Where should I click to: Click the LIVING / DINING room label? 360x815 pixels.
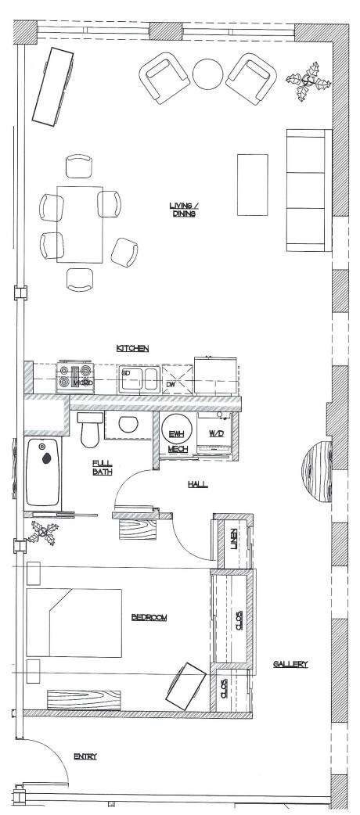pos(184,210)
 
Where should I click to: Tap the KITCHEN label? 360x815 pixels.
pos(133,348)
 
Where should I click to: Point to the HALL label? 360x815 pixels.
pos(197,485)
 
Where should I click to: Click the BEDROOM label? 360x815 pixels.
pos(149,618)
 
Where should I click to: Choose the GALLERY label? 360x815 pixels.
pos(290,664)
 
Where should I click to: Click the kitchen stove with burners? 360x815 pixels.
pos(76,377)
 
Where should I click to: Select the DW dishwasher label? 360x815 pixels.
pos(171,385)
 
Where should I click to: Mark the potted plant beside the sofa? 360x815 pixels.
pos(303,84)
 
